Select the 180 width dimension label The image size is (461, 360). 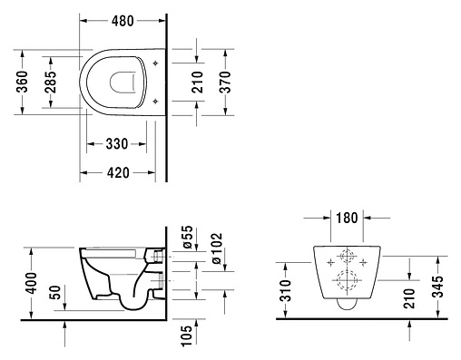[x=344, y=219]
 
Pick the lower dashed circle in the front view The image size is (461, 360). [x=346, y=280]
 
